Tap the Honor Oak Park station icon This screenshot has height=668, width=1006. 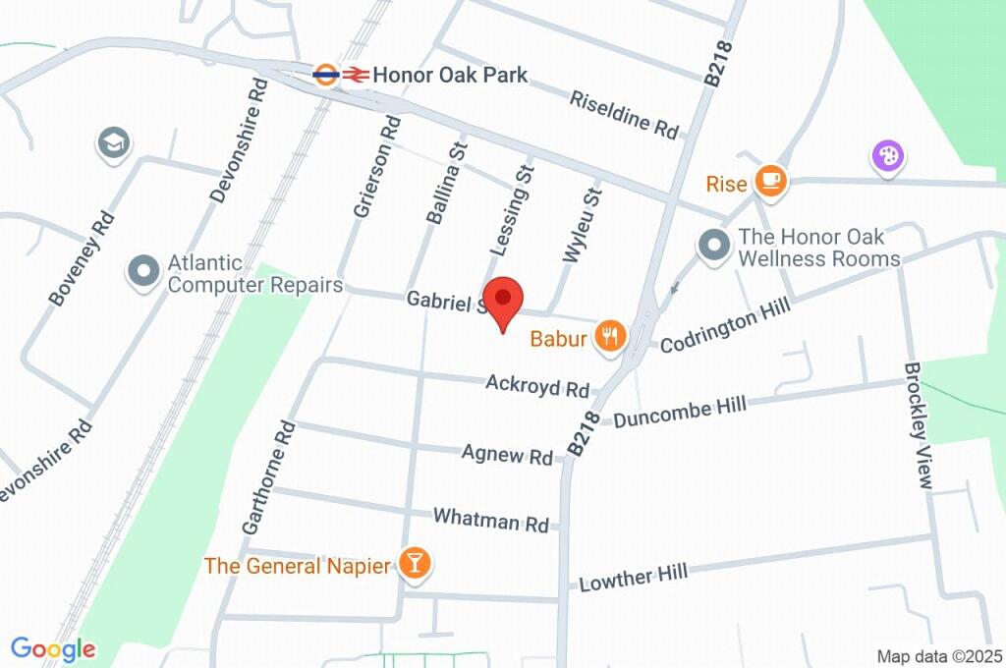point(340,75)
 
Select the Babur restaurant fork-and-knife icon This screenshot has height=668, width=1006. point(610,337)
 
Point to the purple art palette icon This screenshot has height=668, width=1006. point(888,156)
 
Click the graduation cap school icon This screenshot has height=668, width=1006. point(114,143)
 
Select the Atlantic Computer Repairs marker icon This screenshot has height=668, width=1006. point(144,272)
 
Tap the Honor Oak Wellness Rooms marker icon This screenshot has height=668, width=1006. point(713,246)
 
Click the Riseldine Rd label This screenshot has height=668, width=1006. point(625,114)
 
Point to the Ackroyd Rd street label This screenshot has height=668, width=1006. point(537,385)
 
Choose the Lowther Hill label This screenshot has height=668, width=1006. point(633,576)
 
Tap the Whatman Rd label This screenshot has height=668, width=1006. point(490,520)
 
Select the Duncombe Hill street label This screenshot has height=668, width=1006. point(679,412)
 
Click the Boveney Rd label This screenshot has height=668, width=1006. point(78,258)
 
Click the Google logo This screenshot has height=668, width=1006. point(53,648)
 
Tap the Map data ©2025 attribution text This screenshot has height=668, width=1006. point(938,656)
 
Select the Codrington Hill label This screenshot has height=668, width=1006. point(725,330)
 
